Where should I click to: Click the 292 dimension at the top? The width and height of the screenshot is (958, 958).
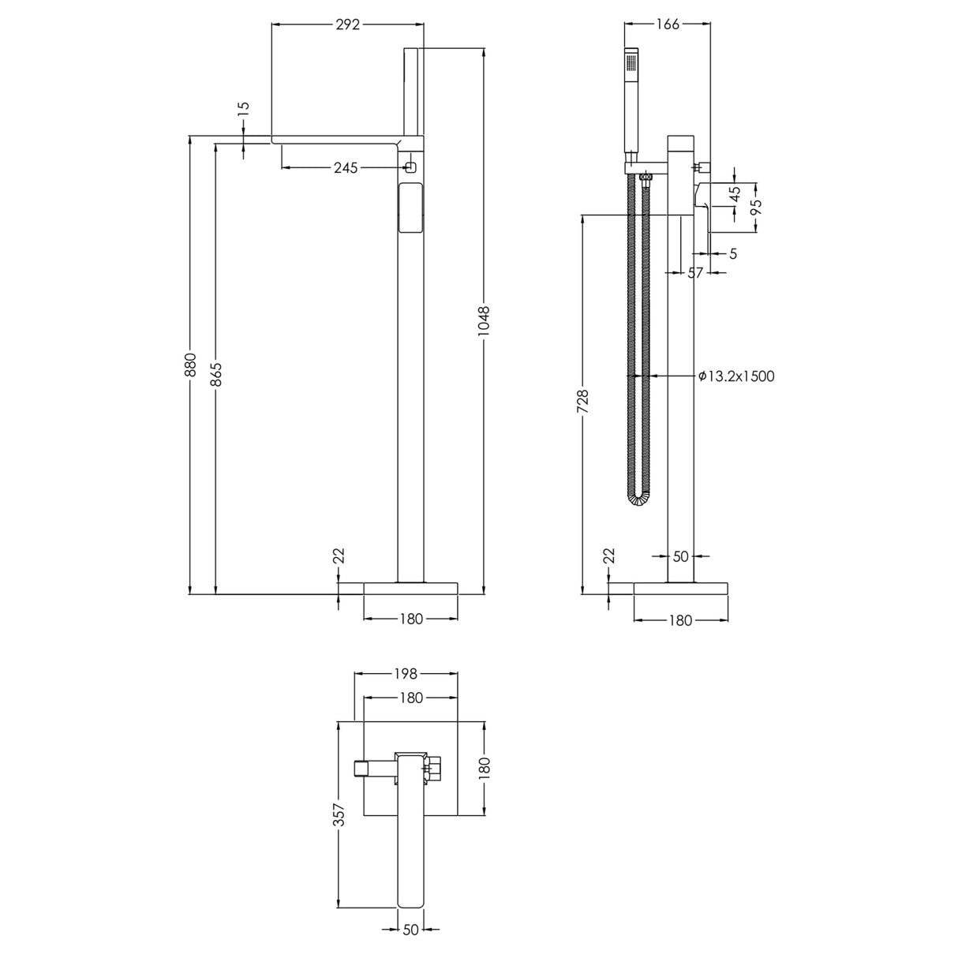(x=347, y=24)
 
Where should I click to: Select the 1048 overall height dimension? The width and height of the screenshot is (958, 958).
(x=484, y=322)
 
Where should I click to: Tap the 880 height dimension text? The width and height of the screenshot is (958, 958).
(x=189, y=365)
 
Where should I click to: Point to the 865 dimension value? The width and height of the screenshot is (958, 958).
(x=215, y=373)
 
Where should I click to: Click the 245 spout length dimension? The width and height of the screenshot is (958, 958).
(x=346, y=167)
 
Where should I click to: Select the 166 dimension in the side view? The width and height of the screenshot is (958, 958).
(x=667, y=24)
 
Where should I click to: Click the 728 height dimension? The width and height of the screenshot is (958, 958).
(x=582, y=401)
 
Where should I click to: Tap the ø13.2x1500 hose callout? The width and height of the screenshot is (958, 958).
(x=736, y=376)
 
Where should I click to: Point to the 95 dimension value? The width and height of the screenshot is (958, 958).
(x=755, y=208)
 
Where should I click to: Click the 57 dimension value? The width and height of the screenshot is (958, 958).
(x=694, y=272)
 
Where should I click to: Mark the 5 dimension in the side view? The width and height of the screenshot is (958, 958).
(x=733, y=253)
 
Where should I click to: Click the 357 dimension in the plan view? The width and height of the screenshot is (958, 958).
(x=339, y=814)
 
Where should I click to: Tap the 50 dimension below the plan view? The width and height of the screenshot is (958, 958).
(x=410, y=930)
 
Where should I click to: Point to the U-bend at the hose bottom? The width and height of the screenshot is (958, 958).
(x=638, y=498)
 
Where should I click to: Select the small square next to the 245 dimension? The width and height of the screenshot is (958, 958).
(x=410, y=167)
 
